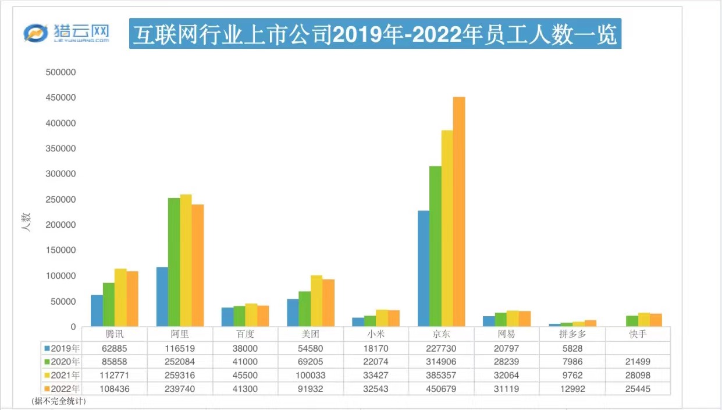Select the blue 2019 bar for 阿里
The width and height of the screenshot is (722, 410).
tap(162, 296)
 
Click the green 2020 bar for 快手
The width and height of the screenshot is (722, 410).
tap(632, 321)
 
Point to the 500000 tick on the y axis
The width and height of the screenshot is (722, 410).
tap(61, 72)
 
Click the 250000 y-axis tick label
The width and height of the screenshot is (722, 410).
tap(61, 199)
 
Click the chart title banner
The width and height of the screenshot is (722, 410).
tap(375, 35)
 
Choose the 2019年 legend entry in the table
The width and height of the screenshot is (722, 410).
tap(62, 348)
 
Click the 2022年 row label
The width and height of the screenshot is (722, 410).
tap(62, 388)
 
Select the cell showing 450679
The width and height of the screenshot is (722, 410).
tap(442, 388)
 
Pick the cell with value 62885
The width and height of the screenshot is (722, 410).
tap(115, 348)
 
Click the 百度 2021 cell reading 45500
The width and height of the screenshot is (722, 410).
tap(245, 375)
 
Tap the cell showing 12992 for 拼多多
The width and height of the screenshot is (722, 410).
tap(572, 388)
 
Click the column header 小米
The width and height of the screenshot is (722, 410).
tap(376, 334)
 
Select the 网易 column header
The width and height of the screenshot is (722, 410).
tap(507, 334)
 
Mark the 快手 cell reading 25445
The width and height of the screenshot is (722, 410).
tap(638, 388)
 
